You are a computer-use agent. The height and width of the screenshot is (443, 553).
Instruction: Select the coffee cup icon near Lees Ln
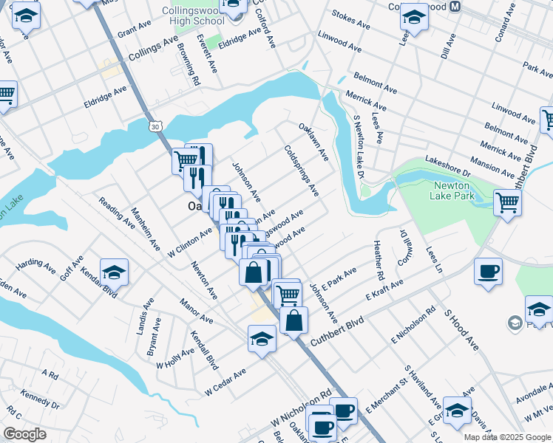[487, 272]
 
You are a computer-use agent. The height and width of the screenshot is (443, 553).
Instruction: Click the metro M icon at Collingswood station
[455, 5]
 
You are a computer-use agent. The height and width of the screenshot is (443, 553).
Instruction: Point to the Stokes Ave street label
[350, 24]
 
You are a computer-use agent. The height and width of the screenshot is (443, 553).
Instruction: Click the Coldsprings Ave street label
[302, 170]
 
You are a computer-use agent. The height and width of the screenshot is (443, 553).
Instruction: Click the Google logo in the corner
[24, 434]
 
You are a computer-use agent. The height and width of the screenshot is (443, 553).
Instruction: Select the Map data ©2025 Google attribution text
[506, 437]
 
